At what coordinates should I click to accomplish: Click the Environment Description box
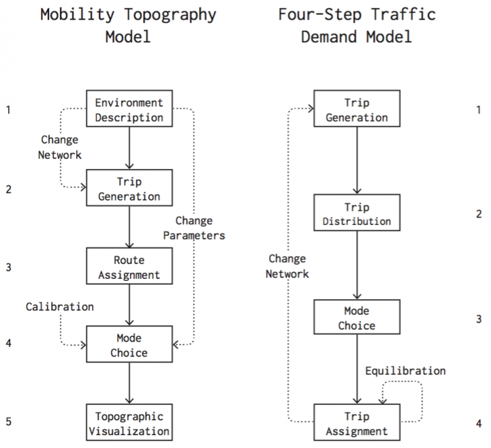129,110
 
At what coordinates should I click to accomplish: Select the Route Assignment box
129,267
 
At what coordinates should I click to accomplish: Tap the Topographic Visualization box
129,423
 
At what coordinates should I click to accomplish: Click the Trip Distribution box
356,214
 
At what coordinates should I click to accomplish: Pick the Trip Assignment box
356,423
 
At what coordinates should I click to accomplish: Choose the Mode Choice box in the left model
129,345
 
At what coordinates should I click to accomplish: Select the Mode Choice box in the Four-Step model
356,318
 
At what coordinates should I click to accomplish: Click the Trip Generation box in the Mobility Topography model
129,189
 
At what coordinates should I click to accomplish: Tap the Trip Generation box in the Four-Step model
356,110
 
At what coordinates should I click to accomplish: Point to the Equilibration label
405,371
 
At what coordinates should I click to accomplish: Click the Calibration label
60,307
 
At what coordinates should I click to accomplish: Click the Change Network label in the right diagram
287,266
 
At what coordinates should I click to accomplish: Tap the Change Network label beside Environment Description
60,148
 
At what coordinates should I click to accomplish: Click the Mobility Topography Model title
128,25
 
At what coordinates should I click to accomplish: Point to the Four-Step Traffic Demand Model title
356,25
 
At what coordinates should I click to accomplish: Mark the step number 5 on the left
8,422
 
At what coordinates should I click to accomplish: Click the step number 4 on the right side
478,424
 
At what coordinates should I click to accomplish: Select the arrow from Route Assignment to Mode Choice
129,305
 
